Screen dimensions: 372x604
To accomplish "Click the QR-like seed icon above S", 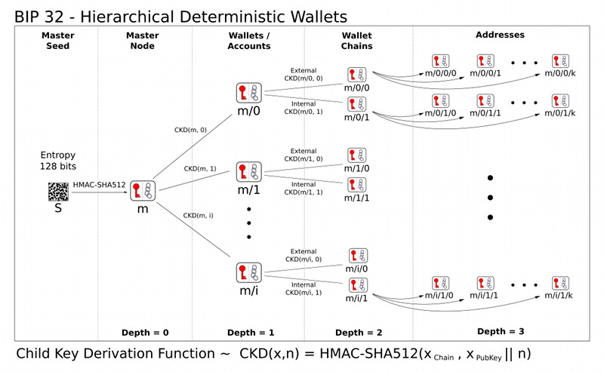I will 57,191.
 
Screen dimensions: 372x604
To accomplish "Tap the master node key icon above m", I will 142,191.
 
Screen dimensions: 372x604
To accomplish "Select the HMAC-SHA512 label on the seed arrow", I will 99,185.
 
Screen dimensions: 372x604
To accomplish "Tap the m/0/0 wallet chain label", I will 356,89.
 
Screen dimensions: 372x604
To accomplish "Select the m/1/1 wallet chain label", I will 356,198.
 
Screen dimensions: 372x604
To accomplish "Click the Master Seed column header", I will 57,40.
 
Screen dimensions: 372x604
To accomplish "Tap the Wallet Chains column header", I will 356,40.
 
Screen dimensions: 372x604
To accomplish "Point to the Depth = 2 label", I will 359,332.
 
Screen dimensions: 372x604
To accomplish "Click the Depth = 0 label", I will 143,332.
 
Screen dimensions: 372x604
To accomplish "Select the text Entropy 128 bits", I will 57,160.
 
